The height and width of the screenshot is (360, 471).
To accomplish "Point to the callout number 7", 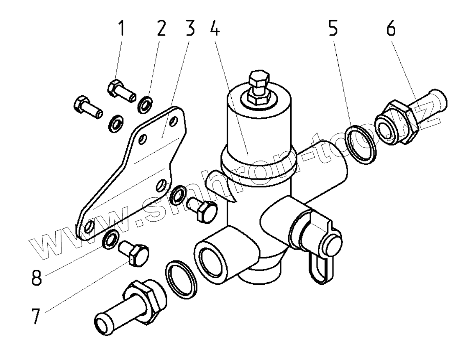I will point(36,316).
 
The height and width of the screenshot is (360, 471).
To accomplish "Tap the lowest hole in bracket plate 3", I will point(89,227).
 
